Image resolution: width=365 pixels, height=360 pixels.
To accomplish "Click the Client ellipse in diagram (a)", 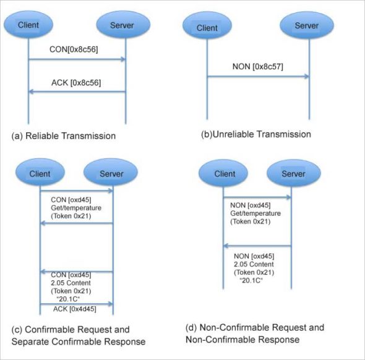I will [x=28, y=26].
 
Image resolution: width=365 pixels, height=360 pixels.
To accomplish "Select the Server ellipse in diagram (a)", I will [x=126, y=26].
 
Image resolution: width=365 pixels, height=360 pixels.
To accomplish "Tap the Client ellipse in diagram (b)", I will [x=207, y=27].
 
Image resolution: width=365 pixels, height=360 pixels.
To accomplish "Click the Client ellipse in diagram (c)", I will [x=40, y=174].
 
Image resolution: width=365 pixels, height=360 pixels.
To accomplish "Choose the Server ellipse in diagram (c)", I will [x=113, y=174].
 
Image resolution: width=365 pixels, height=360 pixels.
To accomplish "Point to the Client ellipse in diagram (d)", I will [x=224, y=174].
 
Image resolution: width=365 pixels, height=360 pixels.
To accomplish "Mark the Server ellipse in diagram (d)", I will [x=291, y=174].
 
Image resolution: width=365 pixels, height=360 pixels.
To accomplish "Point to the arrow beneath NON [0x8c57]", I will [x=258, y=77].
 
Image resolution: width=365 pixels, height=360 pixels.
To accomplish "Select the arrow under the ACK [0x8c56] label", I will [x=77, y=93].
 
